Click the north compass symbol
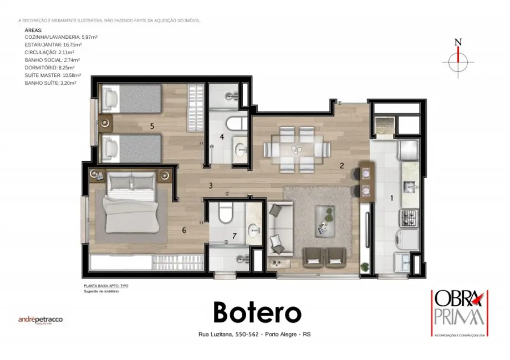coord(458,60)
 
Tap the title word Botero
coord(257,313)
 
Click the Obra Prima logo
coord(458,313)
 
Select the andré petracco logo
coord(41,320)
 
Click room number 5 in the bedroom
coord(152,126)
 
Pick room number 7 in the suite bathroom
coord(234,236)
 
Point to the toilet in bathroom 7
coord(225,212)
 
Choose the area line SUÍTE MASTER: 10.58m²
coord(53,75)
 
